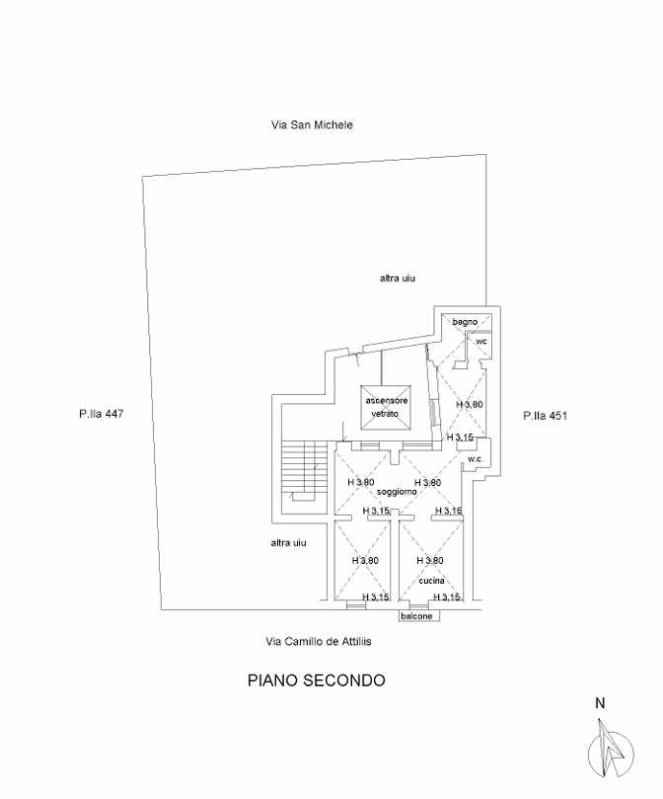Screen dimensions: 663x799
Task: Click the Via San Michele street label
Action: coord(312,124)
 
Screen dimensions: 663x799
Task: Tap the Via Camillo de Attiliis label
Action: coord(319,641)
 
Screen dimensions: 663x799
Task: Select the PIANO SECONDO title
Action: coord(317,680)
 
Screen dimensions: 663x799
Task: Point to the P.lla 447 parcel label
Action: coord(101,414)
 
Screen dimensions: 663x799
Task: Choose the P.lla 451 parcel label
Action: coord(545,416)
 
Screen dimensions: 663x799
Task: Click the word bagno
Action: coord(465,322)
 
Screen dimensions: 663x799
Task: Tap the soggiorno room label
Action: coord(397,492)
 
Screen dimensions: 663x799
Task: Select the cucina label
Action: coord(431,581)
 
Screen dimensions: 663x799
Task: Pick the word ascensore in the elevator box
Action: coord(387,401)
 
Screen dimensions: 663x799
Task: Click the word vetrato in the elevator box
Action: coord(385,414)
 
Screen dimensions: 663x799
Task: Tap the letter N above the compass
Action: coord(601,704)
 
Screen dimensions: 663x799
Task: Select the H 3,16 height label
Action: coord(448,511)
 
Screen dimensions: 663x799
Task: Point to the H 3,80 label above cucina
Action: coord(430,561)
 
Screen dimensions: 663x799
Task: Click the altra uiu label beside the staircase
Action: coord(289,542)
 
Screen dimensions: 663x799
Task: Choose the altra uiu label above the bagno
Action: coord(398,279)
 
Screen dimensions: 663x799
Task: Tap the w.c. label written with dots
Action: coord(475,459)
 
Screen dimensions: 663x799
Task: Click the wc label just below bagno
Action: coord(481,341)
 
